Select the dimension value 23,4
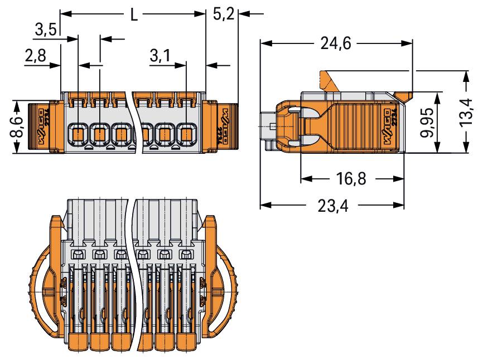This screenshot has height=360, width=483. [332, 206]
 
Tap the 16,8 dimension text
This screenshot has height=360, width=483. [351, 179]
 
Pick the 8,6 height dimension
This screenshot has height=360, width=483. [18, 128]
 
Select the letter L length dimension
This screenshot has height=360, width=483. [134, 14]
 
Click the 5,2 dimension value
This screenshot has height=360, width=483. [223, 14]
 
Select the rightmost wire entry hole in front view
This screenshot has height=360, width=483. [187, 134]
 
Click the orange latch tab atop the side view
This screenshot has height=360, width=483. [330, 81]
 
